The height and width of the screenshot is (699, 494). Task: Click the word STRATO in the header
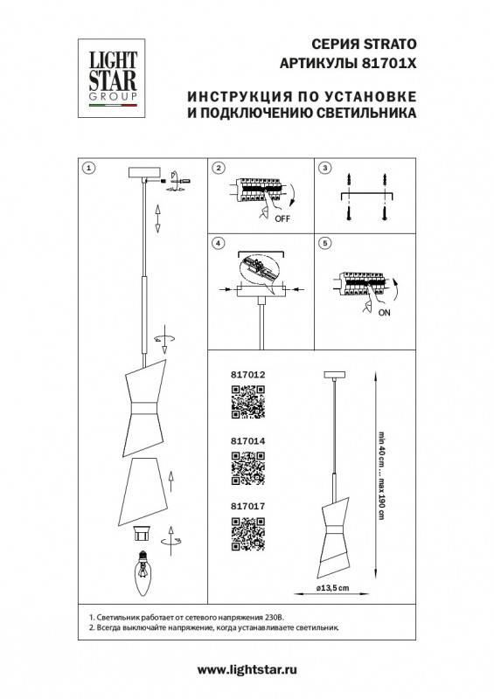click(387, 45)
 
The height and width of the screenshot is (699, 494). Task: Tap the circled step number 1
click(88, 166)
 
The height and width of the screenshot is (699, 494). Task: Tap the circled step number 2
click(219, 167)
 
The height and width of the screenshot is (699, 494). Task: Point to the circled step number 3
click(324, 167)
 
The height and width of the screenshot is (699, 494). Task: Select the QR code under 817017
click(247, 534)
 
